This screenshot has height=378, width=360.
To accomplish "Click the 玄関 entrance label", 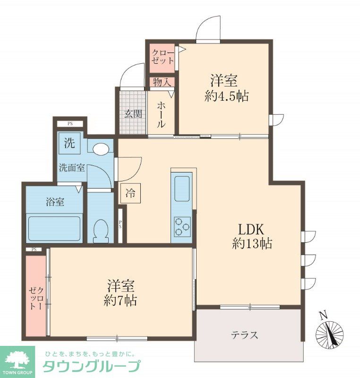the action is [133, 114].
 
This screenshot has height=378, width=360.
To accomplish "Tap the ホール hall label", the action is [161, 114].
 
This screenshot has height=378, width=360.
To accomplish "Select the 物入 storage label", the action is [162, 82].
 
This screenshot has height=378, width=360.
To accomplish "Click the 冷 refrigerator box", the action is [130, 193].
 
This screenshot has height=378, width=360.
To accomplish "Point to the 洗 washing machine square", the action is [69, 144].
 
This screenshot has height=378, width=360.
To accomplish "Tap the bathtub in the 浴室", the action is [54, 229].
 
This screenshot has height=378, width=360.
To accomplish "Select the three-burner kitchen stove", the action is [182, 227].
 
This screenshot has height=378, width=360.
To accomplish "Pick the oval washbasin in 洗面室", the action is [101, 149].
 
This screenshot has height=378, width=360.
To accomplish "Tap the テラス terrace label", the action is [244, 335].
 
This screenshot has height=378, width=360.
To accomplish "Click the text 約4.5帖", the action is [226, 96].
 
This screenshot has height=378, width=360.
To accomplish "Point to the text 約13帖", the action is [252, 243].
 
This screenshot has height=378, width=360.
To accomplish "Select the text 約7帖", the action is [120, 301].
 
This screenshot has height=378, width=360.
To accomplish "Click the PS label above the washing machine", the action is [70, 124].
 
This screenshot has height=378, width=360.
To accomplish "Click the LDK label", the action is [251, 229].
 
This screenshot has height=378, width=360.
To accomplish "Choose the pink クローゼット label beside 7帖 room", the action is [36, 298].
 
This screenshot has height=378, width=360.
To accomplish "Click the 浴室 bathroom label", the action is [55, 202].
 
